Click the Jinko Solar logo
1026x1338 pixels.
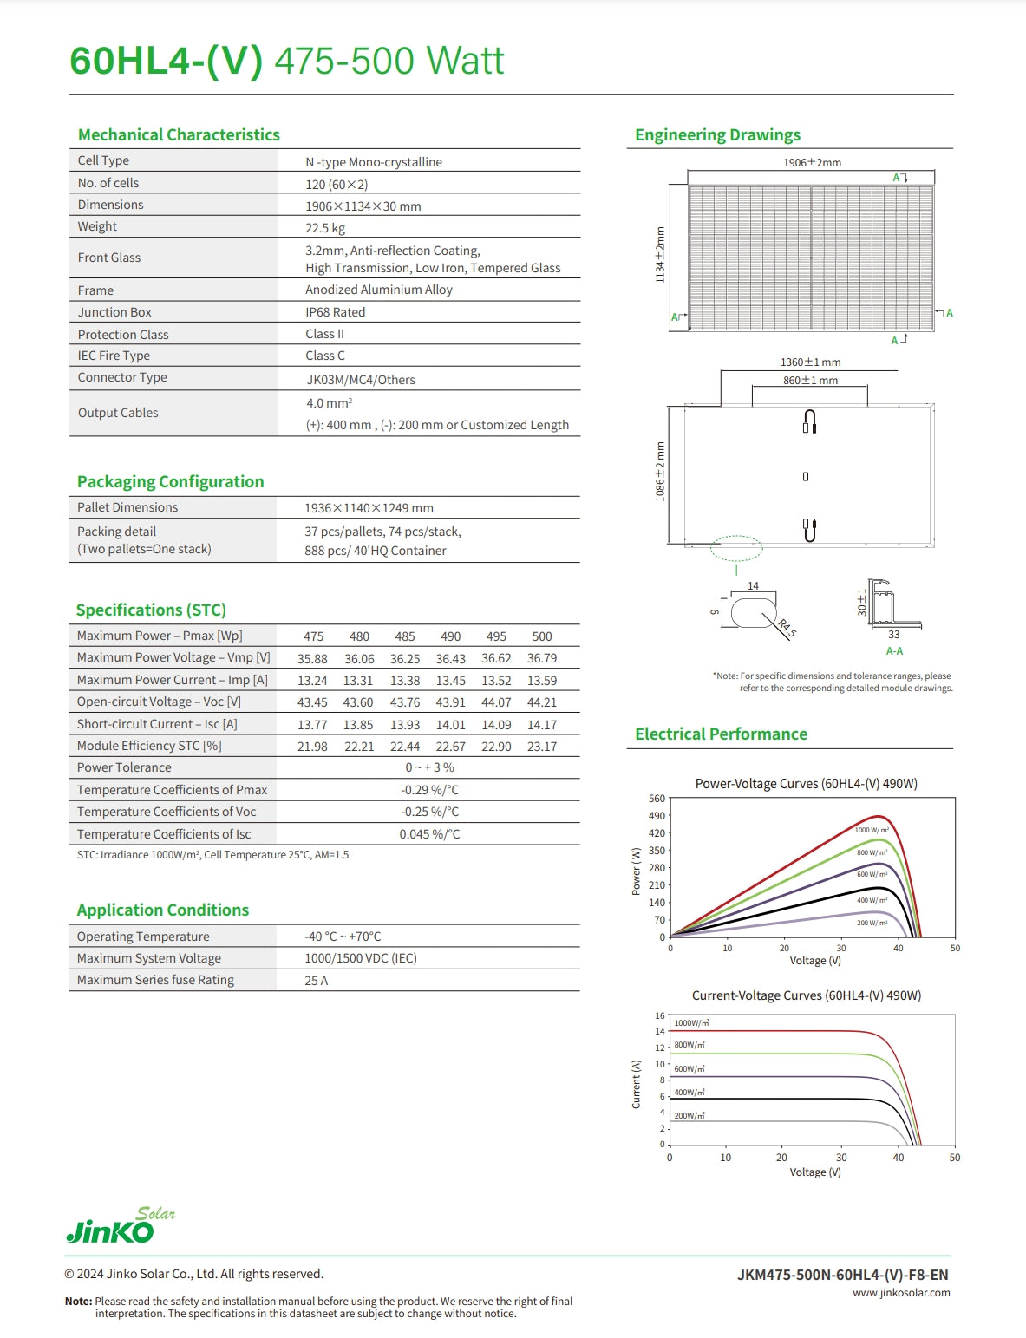click(x=121, y=1225)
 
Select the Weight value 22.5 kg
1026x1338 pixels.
click(x=325, y=228)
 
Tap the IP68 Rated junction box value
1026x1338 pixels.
click(x=335, y=312)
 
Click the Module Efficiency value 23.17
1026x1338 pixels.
click(x=542, y=747)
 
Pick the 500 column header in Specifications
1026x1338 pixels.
click(x=542, y=636)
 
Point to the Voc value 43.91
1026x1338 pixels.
click(x=450, y=702)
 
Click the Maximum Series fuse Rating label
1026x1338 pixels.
click(x=155, y=980)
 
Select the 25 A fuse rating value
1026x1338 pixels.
click(x=316, y=981)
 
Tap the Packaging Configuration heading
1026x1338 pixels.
click(x=170, y=482)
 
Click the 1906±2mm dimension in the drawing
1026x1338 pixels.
click(x=812, y=163)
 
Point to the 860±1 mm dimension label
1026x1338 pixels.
click(x=810, y=381)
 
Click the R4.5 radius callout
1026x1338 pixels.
click(x=787, y=628)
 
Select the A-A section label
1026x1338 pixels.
click(x=894, y=651)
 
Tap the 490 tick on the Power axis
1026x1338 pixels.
click(x=657, y=816)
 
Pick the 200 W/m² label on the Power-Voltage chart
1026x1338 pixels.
click(x=872, y=923)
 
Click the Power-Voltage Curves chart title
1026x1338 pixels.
click(x=806, y=784)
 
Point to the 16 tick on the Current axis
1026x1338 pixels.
click(x=660, y=1015)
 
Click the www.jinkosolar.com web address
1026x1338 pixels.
click(x=901, y=1293)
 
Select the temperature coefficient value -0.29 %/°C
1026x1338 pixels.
click(x=429, y=790)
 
